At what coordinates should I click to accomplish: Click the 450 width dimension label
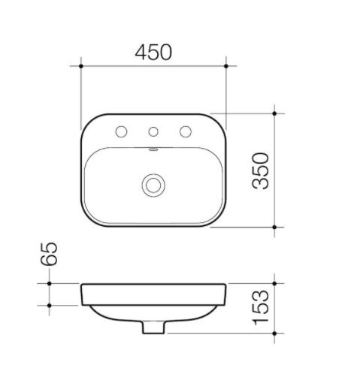click(153, 52)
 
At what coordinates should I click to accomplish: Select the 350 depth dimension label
click(261, 170)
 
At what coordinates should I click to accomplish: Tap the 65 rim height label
click(49, 254)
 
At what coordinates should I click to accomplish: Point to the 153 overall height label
click(261, 308)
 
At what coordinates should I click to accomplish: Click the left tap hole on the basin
click(121, 131)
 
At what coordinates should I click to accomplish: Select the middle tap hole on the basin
click(153, 131)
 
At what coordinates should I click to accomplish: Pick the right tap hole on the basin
click(186, 131)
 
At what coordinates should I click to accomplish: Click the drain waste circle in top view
click(153, 186)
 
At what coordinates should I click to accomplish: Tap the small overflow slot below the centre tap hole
click(153, 149)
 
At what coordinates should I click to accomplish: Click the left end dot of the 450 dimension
click(81, 66)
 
